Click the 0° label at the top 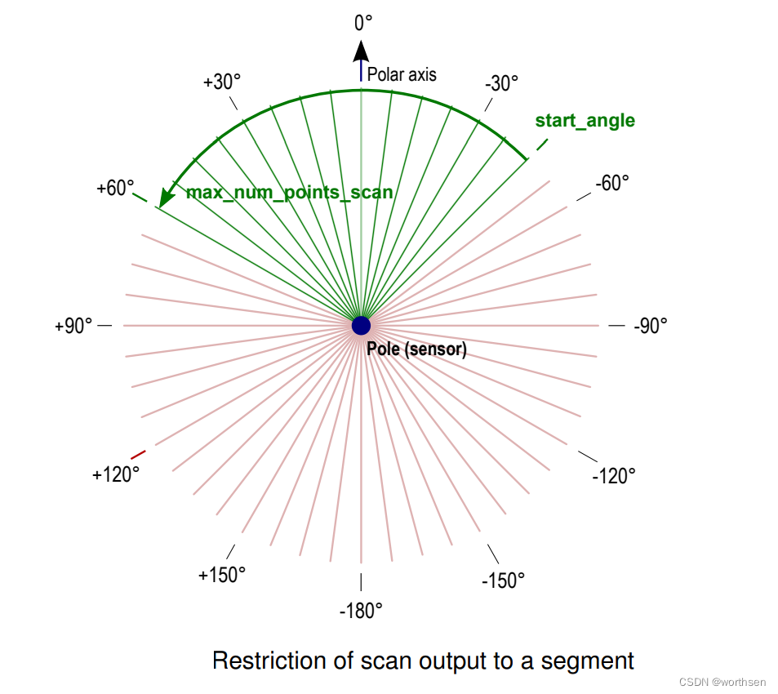point(363,23)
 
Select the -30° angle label point(501,83)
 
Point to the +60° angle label point(115,188)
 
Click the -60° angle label point(612,183)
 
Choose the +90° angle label point(74,326)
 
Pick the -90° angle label point(651,325)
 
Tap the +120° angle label point(116,474)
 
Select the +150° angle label point(222,575)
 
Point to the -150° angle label point(504,581)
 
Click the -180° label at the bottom point(361,610)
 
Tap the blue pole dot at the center point(361,326)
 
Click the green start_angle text point(585,121)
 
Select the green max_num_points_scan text point(290,194)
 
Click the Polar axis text point(402,74)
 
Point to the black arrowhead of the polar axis point(361,51)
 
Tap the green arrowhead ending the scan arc point(167,198)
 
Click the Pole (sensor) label point(416,349)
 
